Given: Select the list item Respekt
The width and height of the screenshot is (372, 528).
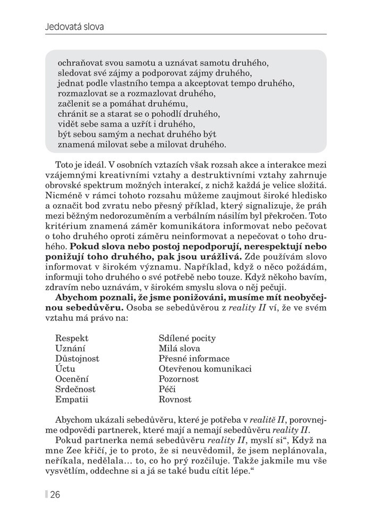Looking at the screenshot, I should (x=72, y=338).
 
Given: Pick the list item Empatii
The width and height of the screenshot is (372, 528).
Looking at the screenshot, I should (x=71, y=399).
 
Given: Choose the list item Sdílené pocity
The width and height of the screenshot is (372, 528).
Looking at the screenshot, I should (x=187, y=338).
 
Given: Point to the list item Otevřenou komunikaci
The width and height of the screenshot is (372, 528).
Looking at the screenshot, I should (x=205, y=368).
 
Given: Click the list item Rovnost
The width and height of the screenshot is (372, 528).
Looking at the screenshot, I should (x=175, y=399).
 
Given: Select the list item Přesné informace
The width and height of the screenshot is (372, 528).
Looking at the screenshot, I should (x=194, y=358).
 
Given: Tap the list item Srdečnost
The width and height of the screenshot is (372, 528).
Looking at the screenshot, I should (x=75, y=389).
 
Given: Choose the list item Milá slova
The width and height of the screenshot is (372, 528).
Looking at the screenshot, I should (x=179, y=348).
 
